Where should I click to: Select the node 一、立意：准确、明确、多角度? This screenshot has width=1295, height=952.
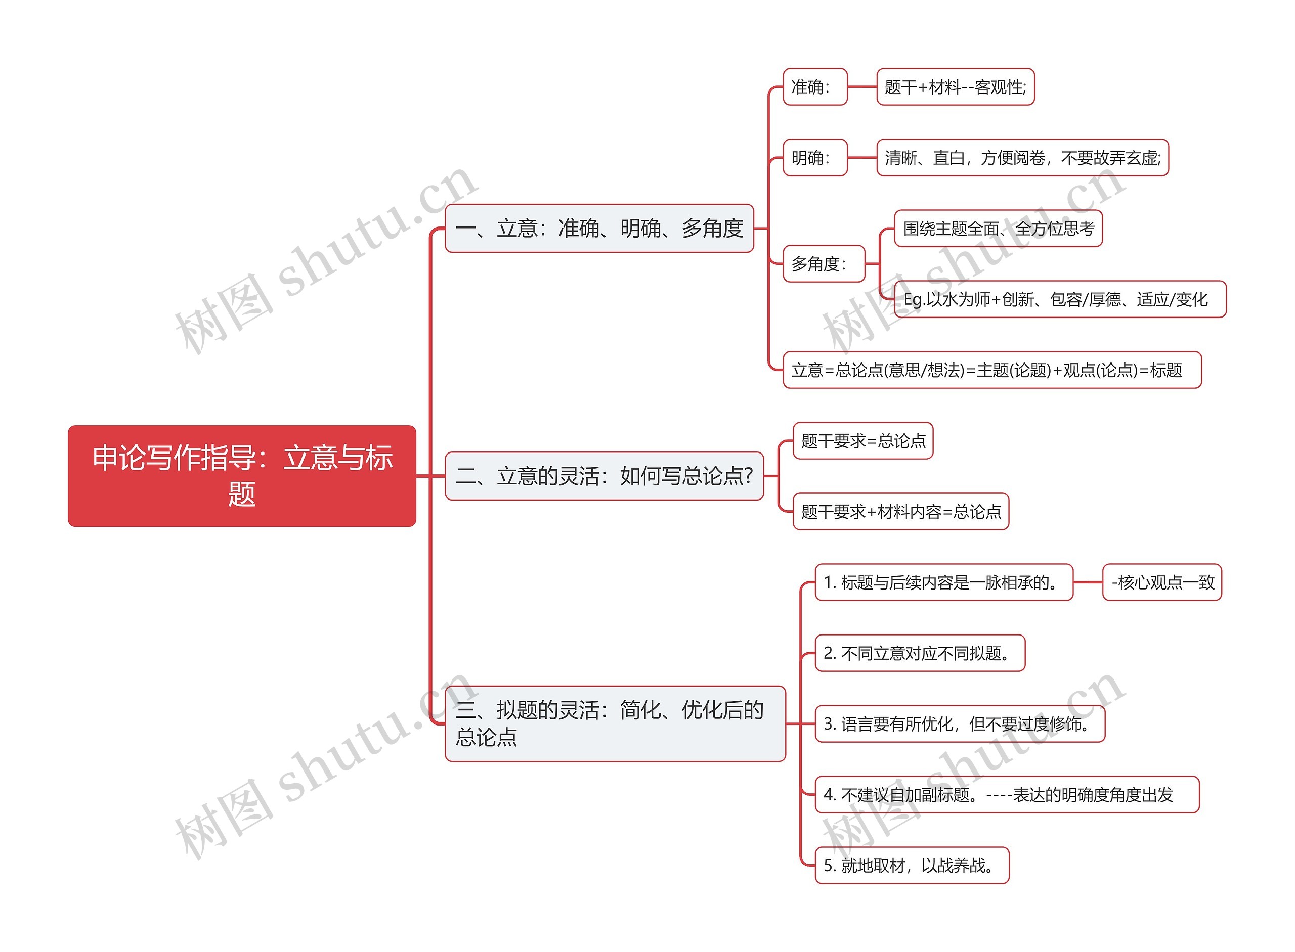click(x=599, y=228)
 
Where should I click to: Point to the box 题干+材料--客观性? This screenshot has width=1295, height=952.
click(x=955, y=87)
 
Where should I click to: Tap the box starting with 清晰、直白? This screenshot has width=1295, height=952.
click(x=1022, y=157)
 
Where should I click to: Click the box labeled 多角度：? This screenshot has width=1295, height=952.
click(x=824, y=264)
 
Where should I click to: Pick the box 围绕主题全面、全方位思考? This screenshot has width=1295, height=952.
click(x=998, y=229)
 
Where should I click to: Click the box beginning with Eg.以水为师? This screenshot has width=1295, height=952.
click(x=1059, y=299)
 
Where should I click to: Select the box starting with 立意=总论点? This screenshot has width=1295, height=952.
click(x=991, y=370)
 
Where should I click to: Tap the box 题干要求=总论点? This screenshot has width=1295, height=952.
click(x=862, y=441)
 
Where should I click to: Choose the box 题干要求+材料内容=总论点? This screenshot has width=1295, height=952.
click(x=900, y=511)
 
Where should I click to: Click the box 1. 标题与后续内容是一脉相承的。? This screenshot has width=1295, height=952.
click(x=943, y=582)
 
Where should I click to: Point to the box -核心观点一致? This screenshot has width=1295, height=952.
click(x=1162, y=582)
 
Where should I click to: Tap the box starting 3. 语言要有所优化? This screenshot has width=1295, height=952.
click(x=960, y=724)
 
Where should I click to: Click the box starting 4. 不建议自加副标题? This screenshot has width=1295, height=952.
click(x=1006, y=795)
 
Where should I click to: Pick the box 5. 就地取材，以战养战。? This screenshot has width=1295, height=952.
click(x=912, y=865)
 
